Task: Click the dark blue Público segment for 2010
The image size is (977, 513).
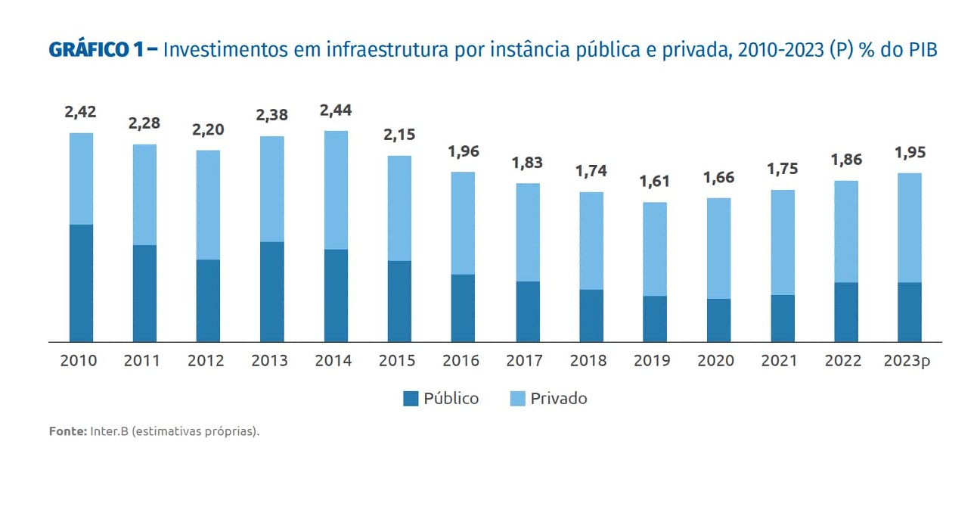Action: pos(81,283)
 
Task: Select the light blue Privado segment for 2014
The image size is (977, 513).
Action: pos(336,190)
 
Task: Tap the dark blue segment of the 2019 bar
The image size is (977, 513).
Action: pos(655,319)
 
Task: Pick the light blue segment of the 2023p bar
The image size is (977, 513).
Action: pos(910,228)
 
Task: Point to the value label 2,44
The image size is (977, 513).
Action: pos(336,110)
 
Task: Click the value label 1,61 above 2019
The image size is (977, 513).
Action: pos(655,182)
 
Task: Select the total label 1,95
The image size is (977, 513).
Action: pos(910,153)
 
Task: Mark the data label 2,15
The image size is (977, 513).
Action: pos(399,135)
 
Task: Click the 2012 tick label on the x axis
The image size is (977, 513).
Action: pos(206,361)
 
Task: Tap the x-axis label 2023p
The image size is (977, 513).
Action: pos(907,361)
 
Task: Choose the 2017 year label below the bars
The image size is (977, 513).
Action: pos(524,361)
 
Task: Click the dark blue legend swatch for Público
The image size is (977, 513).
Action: pos(411,399)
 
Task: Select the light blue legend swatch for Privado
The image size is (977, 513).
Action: pos(517,399)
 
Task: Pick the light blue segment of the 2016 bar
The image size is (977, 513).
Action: pos(463,223)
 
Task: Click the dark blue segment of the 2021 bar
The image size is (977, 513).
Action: pos(783,318)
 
